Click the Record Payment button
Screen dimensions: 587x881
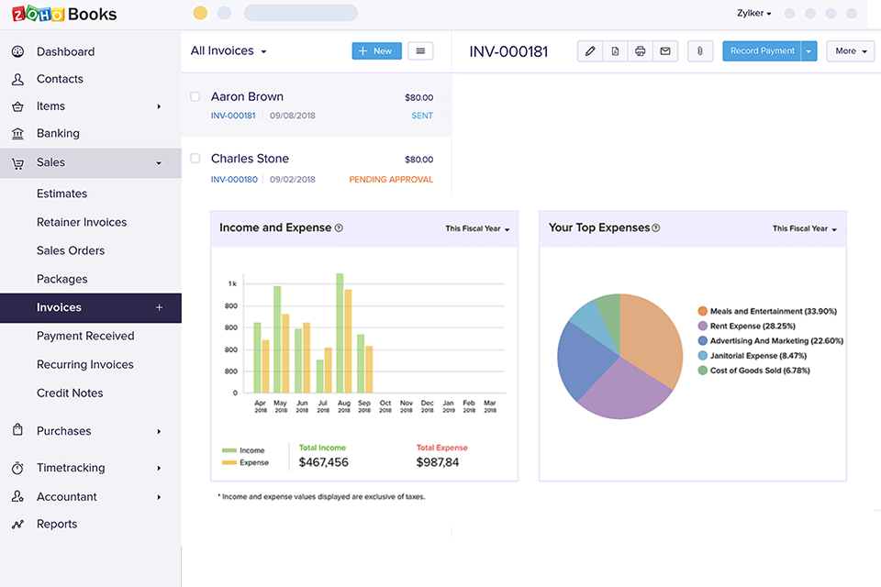click(762, 51)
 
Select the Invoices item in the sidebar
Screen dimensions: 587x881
click(60, 307)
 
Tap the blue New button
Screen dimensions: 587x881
click(376, 51)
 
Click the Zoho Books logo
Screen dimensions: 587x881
click(64, 15)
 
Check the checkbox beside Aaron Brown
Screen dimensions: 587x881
click(195, 96)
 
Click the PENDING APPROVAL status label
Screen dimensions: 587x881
click(391, 180)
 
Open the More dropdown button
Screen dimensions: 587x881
click(851, 51)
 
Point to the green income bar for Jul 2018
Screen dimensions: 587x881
click(319, 376)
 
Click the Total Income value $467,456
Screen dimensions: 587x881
click(324, 462)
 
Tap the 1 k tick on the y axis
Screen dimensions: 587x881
click(232, 284)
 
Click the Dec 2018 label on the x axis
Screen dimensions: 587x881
click(428, 406)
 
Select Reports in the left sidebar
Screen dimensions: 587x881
click(57, 524)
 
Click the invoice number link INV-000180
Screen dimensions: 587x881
click(234, 180)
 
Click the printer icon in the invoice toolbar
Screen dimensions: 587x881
click(640, 51)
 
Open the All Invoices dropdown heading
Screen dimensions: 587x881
click(229, 51)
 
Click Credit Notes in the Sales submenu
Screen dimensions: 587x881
click(70, 393)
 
